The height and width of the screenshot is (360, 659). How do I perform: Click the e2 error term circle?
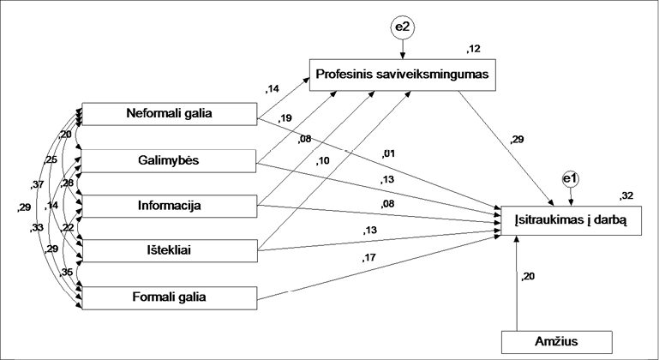click(x=403, y=28)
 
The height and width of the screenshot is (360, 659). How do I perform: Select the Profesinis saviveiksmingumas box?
click(x=403, y=74)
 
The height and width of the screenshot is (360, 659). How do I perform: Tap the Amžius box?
click(x=558, y=341)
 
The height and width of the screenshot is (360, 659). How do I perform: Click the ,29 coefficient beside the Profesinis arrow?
click(x=518, y=139)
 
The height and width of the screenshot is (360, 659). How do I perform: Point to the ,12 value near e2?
click(x=472, y=48)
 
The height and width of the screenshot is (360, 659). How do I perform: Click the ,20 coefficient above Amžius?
click(x=530, y=277)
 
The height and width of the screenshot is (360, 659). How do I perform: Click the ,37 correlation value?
click(x=37, y=185)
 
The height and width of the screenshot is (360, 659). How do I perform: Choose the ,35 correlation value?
click(x=66, y=272)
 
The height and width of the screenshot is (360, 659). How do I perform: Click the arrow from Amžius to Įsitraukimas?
click(x=516, y=283)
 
